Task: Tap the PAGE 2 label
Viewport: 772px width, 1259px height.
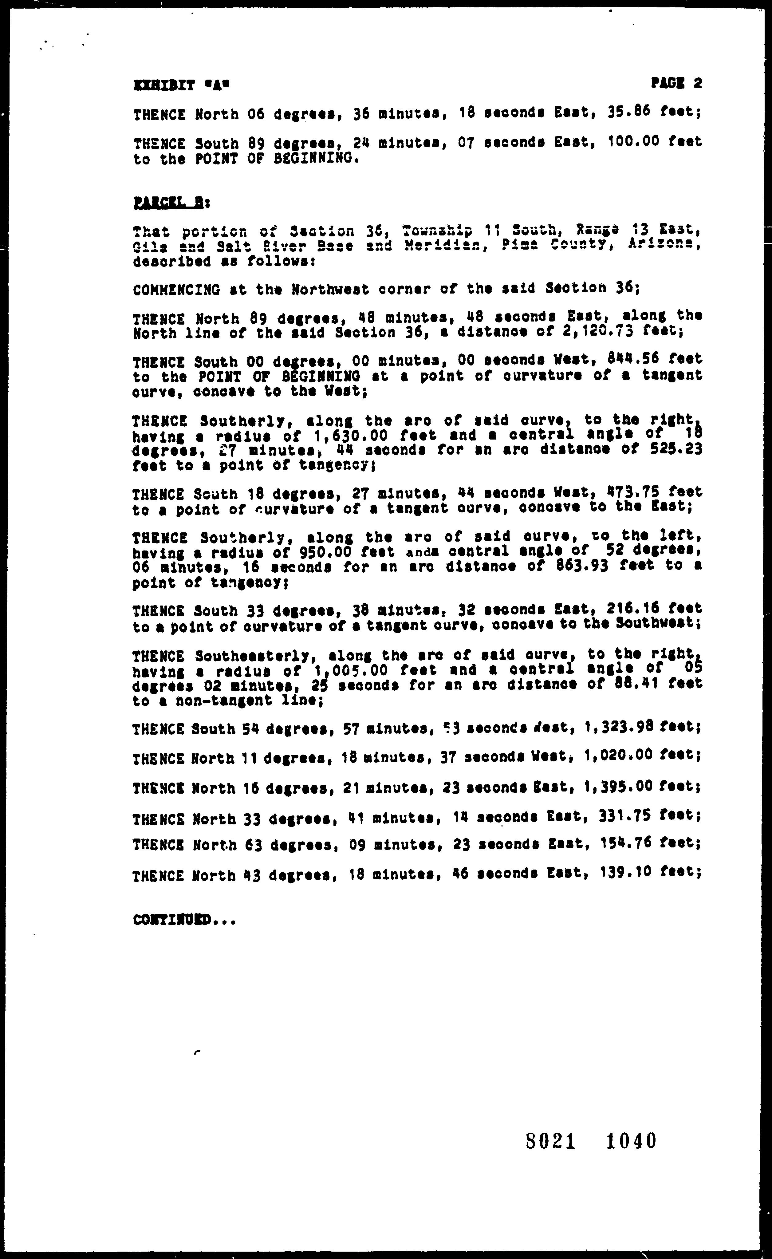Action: [x=676, y=82]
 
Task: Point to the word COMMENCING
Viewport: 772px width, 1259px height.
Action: [x=176, y=290]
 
